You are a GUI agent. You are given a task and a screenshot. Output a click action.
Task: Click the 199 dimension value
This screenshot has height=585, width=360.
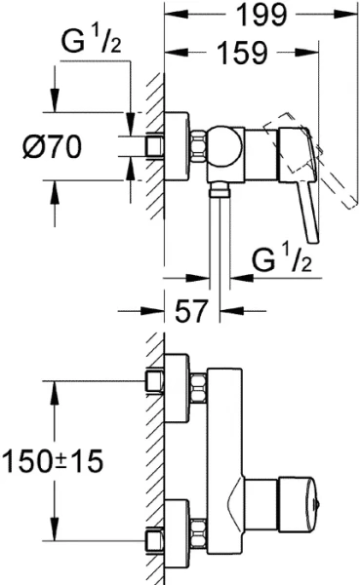261,15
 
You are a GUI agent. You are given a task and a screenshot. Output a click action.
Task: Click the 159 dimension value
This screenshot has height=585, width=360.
242,52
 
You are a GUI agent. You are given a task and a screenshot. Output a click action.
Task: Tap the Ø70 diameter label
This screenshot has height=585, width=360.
52,146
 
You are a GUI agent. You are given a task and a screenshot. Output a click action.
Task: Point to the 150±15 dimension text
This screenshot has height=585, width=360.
52,460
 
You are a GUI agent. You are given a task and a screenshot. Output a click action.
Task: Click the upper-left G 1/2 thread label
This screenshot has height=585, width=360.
91,42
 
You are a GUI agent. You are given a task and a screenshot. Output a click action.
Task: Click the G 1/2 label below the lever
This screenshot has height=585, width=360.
282,260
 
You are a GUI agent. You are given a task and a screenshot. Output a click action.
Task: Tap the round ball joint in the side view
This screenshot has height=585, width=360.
224,146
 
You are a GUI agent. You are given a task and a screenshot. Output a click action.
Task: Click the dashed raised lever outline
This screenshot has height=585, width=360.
312,159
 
